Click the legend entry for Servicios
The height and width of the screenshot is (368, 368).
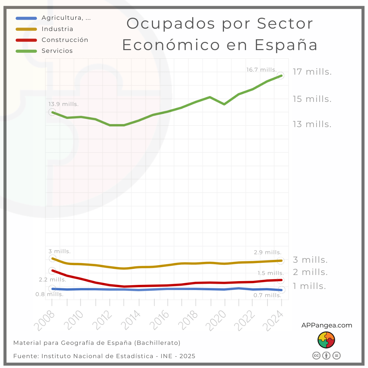point(57,51)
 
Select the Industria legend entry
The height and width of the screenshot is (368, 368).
point(57,29)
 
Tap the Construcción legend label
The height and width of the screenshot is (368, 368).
point(65,40)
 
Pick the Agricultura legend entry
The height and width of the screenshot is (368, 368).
point(66,18)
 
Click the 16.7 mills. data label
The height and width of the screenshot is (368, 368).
point(261,70)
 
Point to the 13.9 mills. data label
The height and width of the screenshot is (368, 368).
point(63,104)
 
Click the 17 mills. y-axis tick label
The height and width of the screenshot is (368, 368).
point(312,72)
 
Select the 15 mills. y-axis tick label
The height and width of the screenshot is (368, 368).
point(312,99)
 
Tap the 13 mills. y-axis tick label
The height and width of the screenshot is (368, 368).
point(312,124)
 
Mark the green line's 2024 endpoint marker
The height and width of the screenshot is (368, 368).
point(281,75)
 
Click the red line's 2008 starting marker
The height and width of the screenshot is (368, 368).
point(52,271)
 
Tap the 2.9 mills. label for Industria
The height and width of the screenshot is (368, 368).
point(267,252)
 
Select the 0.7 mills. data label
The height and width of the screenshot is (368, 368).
point(267,295)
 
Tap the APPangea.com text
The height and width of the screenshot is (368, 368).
point(326,325)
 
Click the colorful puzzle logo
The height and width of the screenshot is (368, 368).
point(326,340)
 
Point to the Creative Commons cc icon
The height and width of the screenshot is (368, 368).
point(316,355)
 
